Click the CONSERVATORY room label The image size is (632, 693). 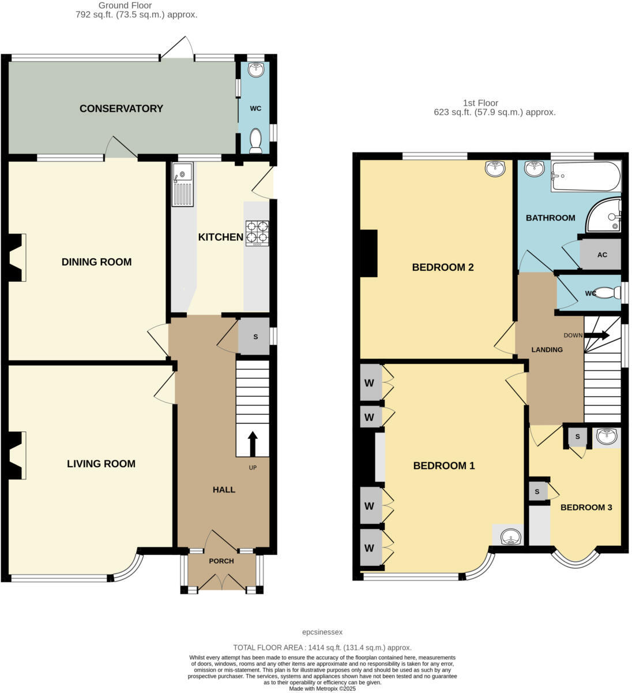point(121,109)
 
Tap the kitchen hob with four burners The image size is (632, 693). point(257,233)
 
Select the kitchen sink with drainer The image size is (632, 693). point(182,184)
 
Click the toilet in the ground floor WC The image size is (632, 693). point(255,140)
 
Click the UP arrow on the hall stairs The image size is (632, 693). point(252,444)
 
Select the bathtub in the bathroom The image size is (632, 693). point(586,176)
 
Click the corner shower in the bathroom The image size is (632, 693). point(605,216)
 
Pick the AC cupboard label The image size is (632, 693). point(602,255)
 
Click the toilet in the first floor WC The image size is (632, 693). point(605,293)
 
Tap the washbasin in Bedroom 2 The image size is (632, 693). point(495,168)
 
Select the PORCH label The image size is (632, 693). point(221,561)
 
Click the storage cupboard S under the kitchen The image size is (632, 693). point(255,337)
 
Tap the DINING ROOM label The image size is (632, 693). point(96,262)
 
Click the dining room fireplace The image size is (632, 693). point(17,257)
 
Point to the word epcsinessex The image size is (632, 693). point(322,632)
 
